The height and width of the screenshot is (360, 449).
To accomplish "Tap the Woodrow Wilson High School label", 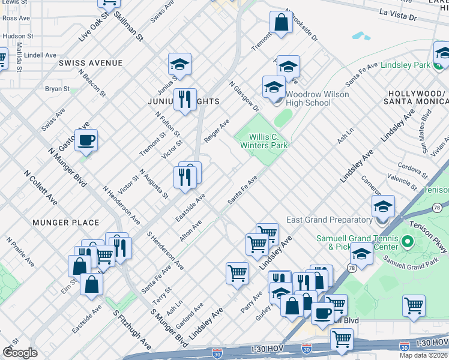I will coord(308,98).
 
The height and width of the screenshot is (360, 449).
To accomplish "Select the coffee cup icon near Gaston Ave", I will coord(86,141).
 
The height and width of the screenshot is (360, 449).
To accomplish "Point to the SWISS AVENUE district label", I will coord(91,63).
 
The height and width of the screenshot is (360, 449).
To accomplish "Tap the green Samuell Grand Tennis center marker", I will coord(408,242).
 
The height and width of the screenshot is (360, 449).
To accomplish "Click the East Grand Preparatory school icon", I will coord(382,207).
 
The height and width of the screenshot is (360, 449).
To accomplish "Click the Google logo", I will coord(19,353).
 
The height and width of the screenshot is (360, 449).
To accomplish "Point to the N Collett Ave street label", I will coord(41,185).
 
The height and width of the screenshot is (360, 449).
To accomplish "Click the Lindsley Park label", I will coord(405,64).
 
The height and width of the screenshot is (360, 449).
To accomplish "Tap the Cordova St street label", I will coord(415,165).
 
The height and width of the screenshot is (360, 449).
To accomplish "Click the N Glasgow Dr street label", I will coord(244,96).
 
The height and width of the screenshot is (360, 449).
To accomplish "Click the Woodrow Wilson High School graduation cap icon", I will coord(274,88).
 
